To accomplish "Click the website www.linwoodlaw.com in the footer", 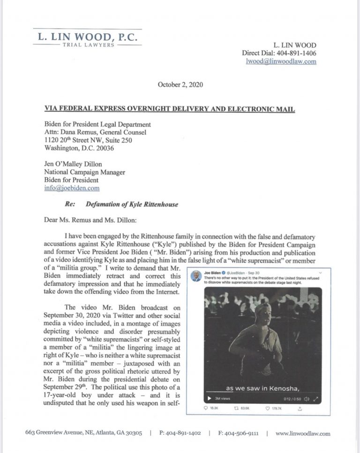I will (x=303, y=434).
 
